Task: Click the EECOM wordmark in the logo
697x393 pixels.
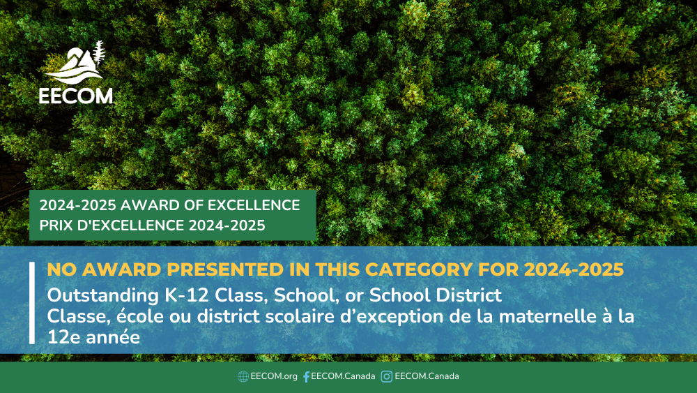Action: [75, 96]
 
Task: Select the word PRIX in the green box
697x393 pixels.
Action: [56, 225]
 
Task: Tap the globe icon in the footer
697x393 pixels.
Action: [243, 376]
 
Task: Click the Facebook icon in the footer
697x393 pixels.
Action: [306, 376]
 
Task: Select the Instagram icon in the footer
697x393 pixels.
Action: [387, 376]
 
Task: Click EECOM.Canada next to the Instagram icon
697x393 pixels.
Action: [427, 376]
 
